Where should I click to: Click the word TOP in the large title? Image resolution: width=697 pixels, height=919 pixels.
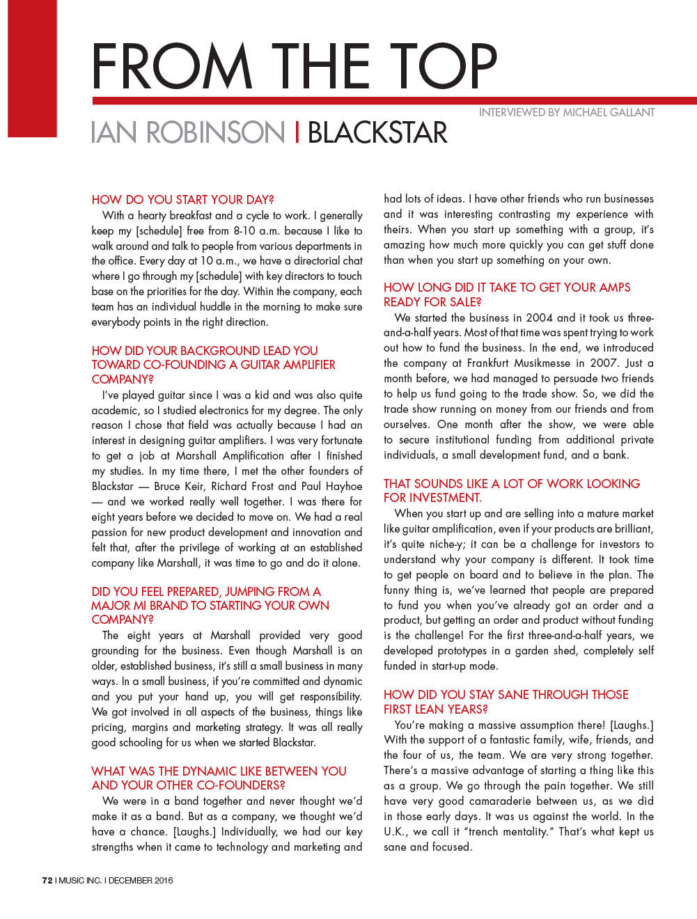444,66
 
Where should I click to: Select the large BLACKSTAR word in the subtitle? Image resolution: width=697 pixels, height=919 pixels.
377,132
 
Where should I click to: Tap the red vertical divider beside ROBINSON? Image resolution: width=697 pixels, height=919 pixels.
297,132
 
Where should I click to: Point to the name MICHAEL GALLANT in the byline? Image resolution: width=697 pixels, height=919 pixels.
609,112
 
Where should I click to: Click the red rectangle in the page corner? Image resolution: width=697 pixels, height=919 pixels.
32,68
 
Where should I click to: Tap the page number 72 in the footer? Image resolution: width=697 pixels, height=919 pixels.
47,880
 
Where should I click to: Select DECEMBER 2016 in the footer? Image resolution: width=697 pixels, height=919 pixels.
141,880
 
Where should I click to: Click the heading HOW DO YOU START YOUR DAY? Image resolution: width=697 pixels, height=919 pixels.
183,200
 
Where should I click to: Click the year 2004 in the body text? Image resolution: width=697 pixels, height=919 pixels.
539,317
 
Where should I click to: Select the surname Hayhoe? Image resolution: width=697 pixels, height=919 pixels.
343,486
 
